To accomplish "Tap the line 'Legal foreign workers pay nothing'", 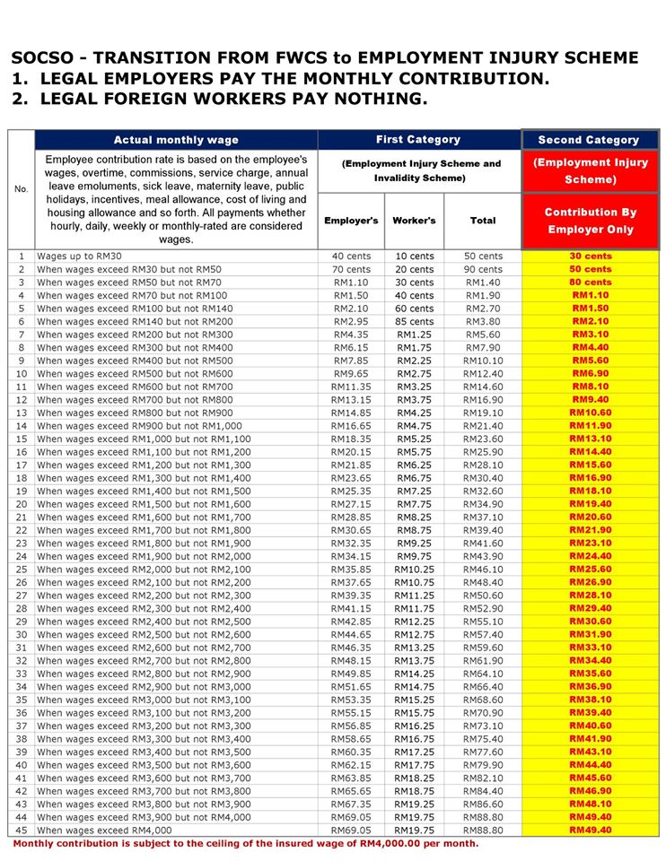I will point(220,98).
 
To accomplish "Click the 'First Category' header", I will point(418,140).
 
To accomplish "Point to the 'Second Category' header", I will point(589,140).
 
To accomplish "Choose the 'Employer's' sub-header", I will point(351,221).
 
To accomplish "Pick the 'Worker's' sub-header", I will point(414,221).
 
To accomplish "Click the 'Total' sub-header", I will point(483,221).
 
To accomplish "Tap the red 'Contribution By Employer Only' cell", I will point(589,221).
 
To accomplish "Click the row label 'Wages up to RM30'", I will point(79,257).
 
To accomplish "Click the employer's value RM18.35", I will point(351,439).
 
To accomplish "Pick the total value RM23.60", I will point(483,439).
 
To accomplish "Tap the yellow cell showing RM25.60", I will point(590,570).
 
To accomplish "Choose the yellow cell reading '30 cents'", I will point(590,257).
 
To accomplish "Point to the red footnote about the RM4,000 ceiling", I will point(245,845).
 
